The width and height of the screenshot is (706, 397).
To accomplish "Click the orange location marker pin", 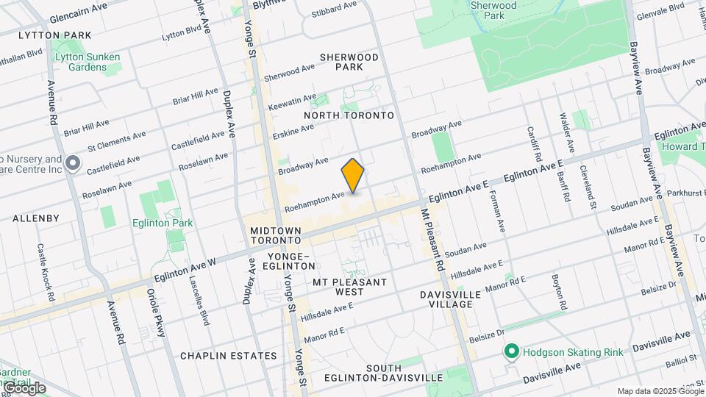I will click(x=353, y=176).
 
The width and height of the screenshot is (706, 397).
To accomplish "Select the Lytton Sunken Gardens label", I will click(x=86, y=62).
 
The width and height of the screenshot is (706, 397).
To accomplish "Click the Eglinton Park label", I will click(x=163, y=223).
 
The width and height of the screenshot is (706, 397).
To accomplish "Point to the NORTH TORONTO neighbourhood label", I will click(x=349, y=115).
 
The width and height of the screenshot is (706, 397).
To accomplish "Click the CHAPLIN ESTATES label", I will click(x=229, y=356).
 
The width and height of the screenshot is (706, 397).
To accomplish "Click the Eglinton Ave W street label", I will click(x=185, y=269).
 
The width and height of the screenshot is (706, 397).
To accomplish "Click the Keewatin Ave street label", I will click(x=291, y=100).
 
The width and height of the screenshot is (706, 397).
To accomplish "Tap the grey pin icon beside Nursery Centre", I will click(x=72, y=163).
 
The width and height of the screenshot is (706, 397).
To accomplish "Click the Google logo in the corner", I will click(x=24, y=387).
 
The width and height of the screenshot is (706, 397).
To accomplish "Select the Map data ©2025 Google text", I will click(x=660, y=391).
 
